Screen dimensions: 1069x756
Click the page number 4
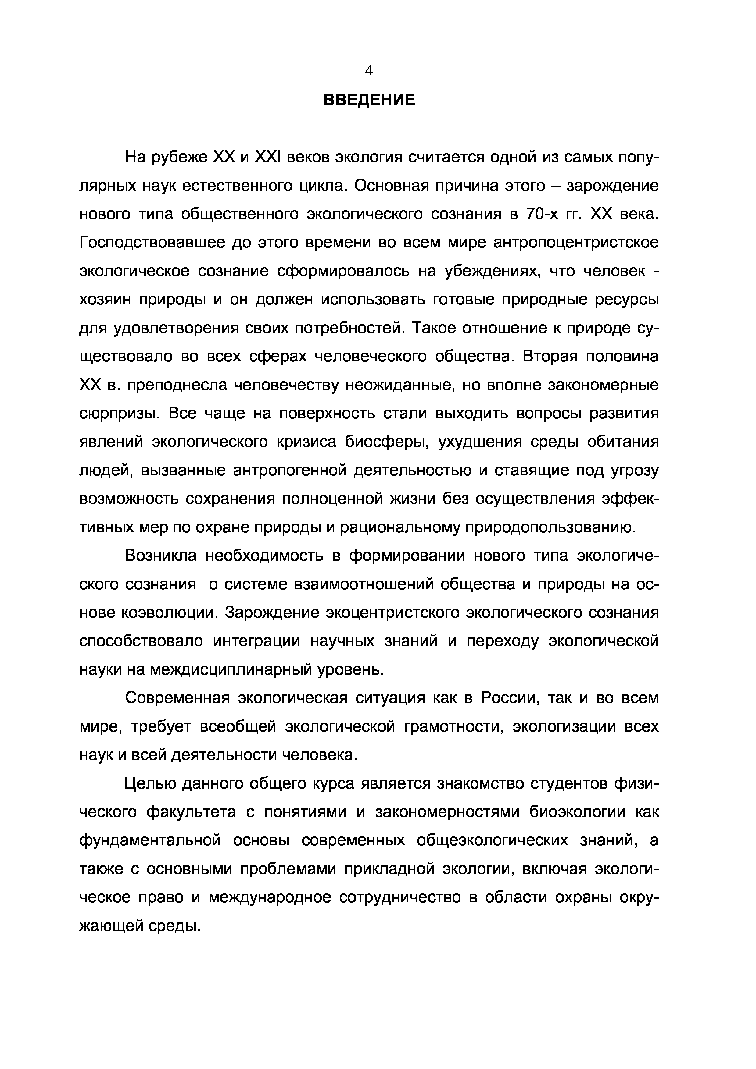pos(369,70)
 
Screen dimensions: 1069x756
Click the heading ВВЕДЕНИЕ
pos(369,100)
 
